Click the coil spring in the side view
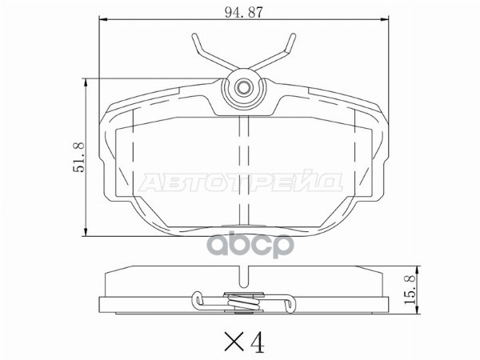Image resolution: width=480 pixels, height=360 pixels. click(x=243, y=302)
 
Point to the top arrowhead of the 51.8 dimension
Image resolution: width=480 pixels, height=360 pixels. click(x=86, y=82)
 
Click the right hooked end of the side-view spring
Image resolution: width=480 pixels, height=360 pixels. click(x=289, y=301)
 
